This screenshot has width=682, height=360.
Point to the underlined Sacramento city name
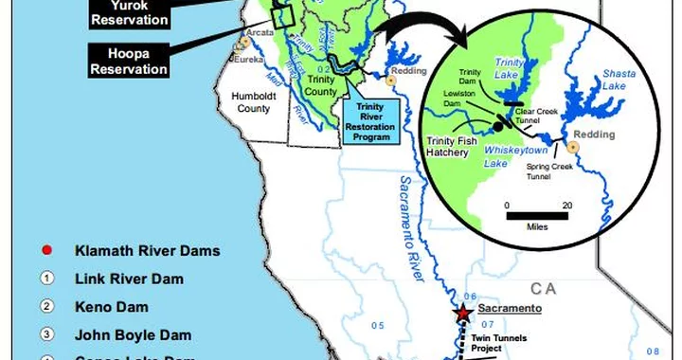[x=509, y=309]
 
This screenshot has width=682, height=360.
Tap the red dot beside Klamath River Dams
[x=45, y=251]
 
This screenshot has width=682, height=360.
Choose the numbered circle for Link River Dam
[x=45, y=279]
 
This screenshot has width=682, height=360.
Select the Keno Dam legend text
[x=108, y=307]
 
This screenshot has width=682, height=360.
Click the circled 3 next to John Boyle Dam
[x=45, y=334]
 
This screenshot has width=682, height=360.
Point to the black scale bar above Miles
[x=536, y=217]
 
